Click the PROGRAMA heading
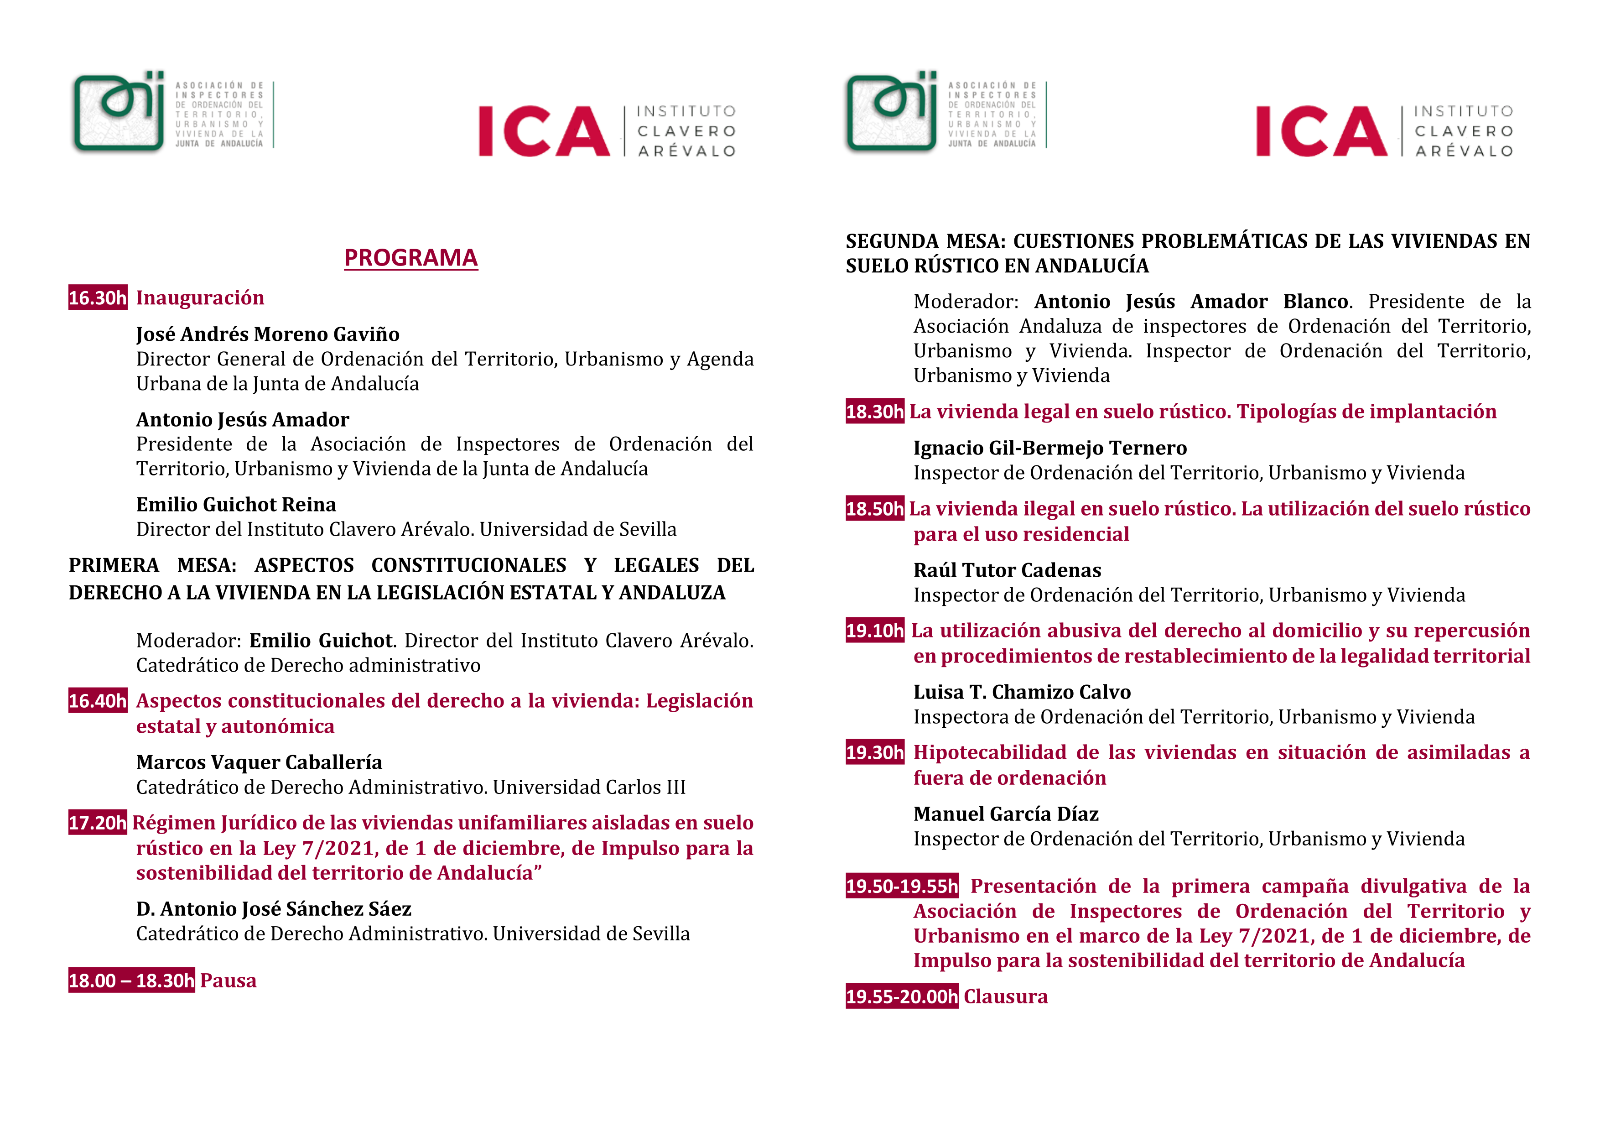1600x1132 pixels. (x=410, y=258)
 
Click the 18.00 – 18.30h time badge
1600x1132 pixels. (x=131, y=981)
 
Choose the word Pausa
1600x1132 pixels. (x=228, y=981)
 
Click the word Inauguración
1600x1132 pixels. (x=200, y=298)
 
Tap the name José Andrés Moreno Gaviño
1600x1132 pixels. (x=268, y=334)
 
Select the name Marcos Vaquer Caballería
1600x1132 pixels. (x=259, y=762)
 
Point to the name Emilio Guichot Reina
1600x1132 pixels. (x=236, y=505)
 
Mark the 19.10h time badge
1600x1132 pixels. (x=874, y=631)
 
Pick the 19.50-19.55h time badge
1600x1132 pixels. (x=902, y=887)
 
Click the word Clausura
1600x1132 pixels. (x=1006, y=997)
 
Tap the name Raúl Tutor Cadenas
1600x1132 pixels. (x=1007, y=571)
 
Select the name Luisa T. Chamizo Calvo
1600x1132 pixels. (x=1022, y=692)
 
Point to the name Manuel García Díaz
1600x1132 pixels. (x=1006, y=814)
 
